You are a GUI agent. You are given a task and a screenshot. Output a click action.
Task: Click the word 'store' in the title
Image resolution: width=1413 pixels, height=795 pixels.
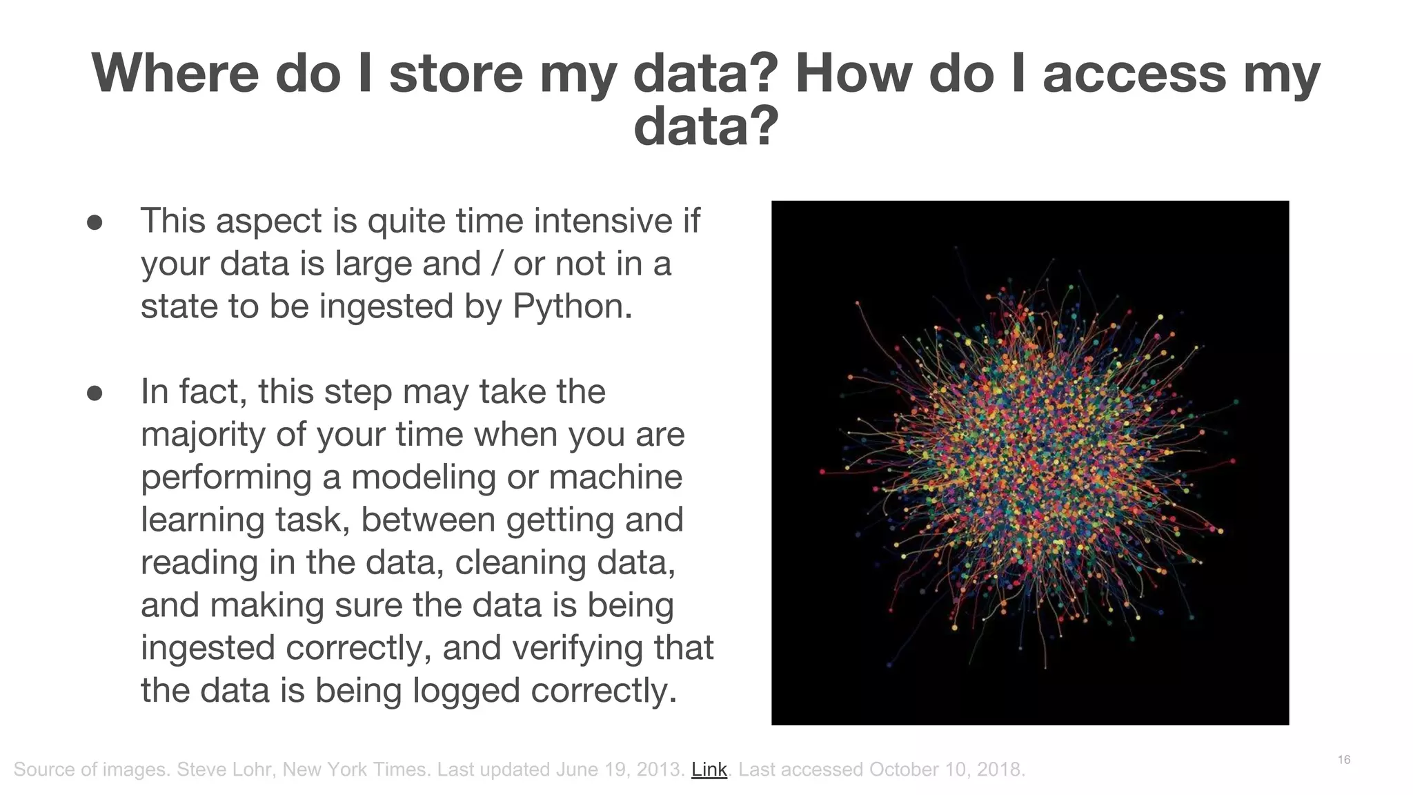[456, 73]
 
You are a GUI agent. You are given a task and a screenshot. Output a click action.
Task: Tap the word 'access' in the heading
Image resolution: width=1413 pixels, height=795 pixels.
[1134, 73]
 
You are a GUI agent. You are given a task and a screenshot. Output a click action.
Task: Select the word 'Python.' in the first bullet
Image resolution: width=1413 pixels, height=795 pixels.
[573, 306]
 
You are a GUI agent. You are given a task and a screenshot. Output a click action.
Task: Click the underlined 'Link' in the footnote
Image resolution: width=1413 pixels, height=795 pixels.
[709, 769]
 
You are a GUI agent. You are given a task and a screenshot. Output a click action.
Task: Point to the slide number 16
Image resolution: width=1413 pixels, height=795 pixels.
[1343, 760]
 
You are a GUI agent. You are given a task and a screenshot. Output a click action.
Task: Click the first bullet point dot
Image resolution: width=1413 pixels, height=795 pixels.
[95, 222]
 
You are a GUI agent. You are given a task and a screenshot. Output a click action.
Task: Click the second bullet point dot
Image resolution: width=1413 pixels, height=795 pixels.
[95, 393]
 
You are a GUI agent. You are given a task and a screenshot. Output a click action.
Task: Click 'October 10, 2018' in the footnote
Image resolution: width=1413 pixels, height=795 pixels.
[945, 769]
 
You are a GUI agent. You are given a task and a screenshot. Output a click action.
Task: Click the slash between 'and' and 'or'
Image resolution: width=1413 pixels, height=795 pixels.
[496, 264]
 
